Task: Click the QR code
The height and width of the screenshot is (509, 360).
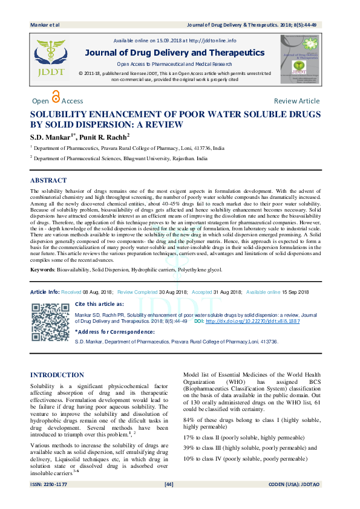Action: (x=50, y=322)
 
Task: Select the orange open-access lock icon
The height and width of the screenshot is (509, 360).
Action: (x=56, y=97)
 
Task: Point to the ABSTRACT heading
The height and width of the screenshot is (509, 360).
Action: (x=48, y=180)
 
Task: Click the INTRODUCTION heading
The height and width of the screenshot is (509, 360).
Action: (x=58, y=375)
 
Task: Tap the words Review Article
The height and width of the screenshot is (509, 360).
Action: (x=296, y=101)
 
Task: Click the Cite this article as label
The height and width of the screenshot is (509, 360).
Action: (x=99, y=304)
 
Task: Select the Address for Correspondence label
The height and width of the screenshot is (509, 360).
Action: (x=114, y=332)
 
